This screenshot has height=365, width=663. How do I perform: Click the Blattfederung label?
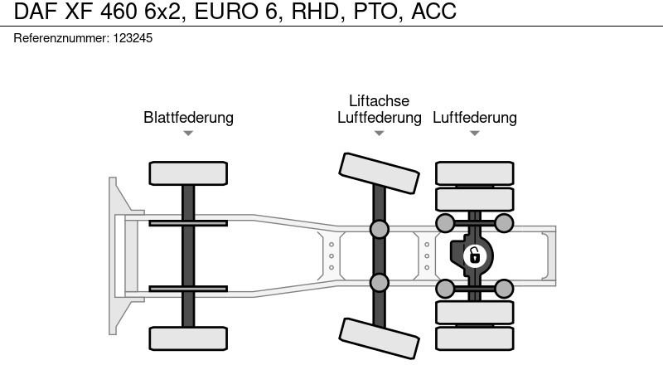tap(188, 117)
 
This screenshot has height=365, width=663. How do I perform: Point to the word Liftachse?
tap(379, 101)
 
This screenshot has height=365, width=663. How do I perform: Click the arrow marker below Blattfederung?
tap(188, 134)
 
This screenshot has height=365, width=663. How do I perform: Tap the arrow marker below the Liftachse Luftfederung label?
tap(379, 134)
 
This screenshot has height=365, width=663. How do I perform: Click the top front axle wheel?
tap(188, 173)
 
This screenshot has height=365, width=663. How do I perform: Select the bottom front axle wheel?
tap(188, 338)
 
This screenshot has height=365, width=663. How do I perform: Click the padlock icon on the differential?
tap(474, 255)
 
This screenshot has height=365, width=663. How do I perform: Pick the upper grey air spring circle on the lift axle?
tap(379, 228)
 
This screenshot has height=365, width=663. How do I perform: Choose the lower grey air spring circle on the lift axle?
tap(379, 282)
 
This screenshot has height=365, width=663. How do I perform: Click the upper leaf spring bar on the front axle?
tap(188, 223)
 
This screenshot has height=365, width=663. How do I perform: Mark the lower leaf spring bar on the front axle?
tap(188, 289)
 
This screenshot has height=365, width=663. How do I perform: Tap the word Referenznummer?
tap(60, 38)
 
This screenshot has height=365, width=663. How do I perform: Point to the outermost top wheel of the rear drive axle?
tap(475, 173)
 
